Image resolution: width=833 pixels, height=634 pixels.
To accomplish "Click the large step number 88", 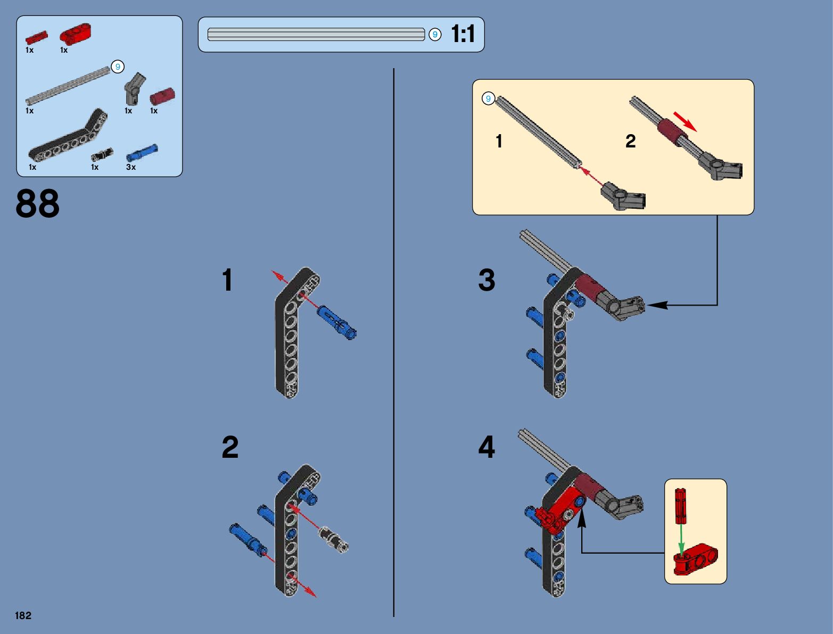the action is (38, 203).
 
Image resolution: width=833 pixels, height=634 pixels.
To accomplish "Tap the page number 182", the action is (23, 615).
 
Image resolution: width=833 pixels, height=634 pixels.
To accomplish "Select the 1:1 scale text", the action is (463, 34).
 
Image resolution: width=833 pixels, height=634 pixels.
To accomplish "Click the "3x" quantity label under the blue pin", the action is (131, 167).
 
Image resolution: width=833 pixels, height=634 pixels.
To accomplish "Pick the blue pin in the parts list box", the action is (142, 152).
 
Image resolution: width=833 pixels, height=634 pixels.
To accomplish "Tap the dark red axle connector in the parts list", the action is (162, 96).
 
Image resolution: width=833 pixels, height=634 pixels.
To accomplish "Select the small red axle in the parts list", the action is (36, 38).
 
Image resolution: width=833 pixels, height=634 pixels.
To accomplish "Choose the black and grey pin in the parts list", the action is (101, 155).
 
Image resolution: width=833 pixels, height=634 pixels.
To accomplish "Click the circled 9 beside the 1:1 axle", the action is (435, 35).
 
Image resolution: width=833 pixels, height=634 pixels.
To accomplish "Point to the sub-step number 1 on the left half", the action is (227, 280).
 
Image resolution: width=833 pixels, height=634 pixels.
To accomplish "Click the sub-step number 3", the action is (486, 280).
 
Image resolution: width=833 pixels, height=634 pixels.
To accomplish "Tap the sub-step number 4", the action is (486, 447).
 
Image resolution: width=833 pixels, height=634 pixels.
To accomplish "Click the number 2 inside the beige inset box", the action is (630, 141).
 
